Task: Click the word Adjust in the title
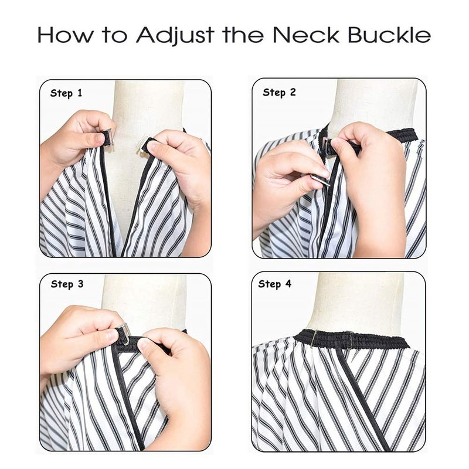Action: [x=175, y=36]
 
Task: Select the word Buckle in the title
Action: [x=389, y=35]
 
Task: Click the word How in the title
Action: [x=65, y=35]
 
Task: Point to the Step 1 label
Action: [x=66, y=93]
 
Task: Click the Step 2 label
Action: [x=279, y=93]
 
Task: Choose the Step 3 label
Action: [x=67, y=284]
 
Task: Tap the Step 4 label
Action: [x=274, y=284]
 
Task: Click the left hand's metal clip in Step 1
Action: [x=108, y=137]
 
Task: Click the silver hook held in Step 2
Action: [x=320, y=180]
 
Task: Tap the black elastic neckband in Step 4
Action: [x=352, y=340]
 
